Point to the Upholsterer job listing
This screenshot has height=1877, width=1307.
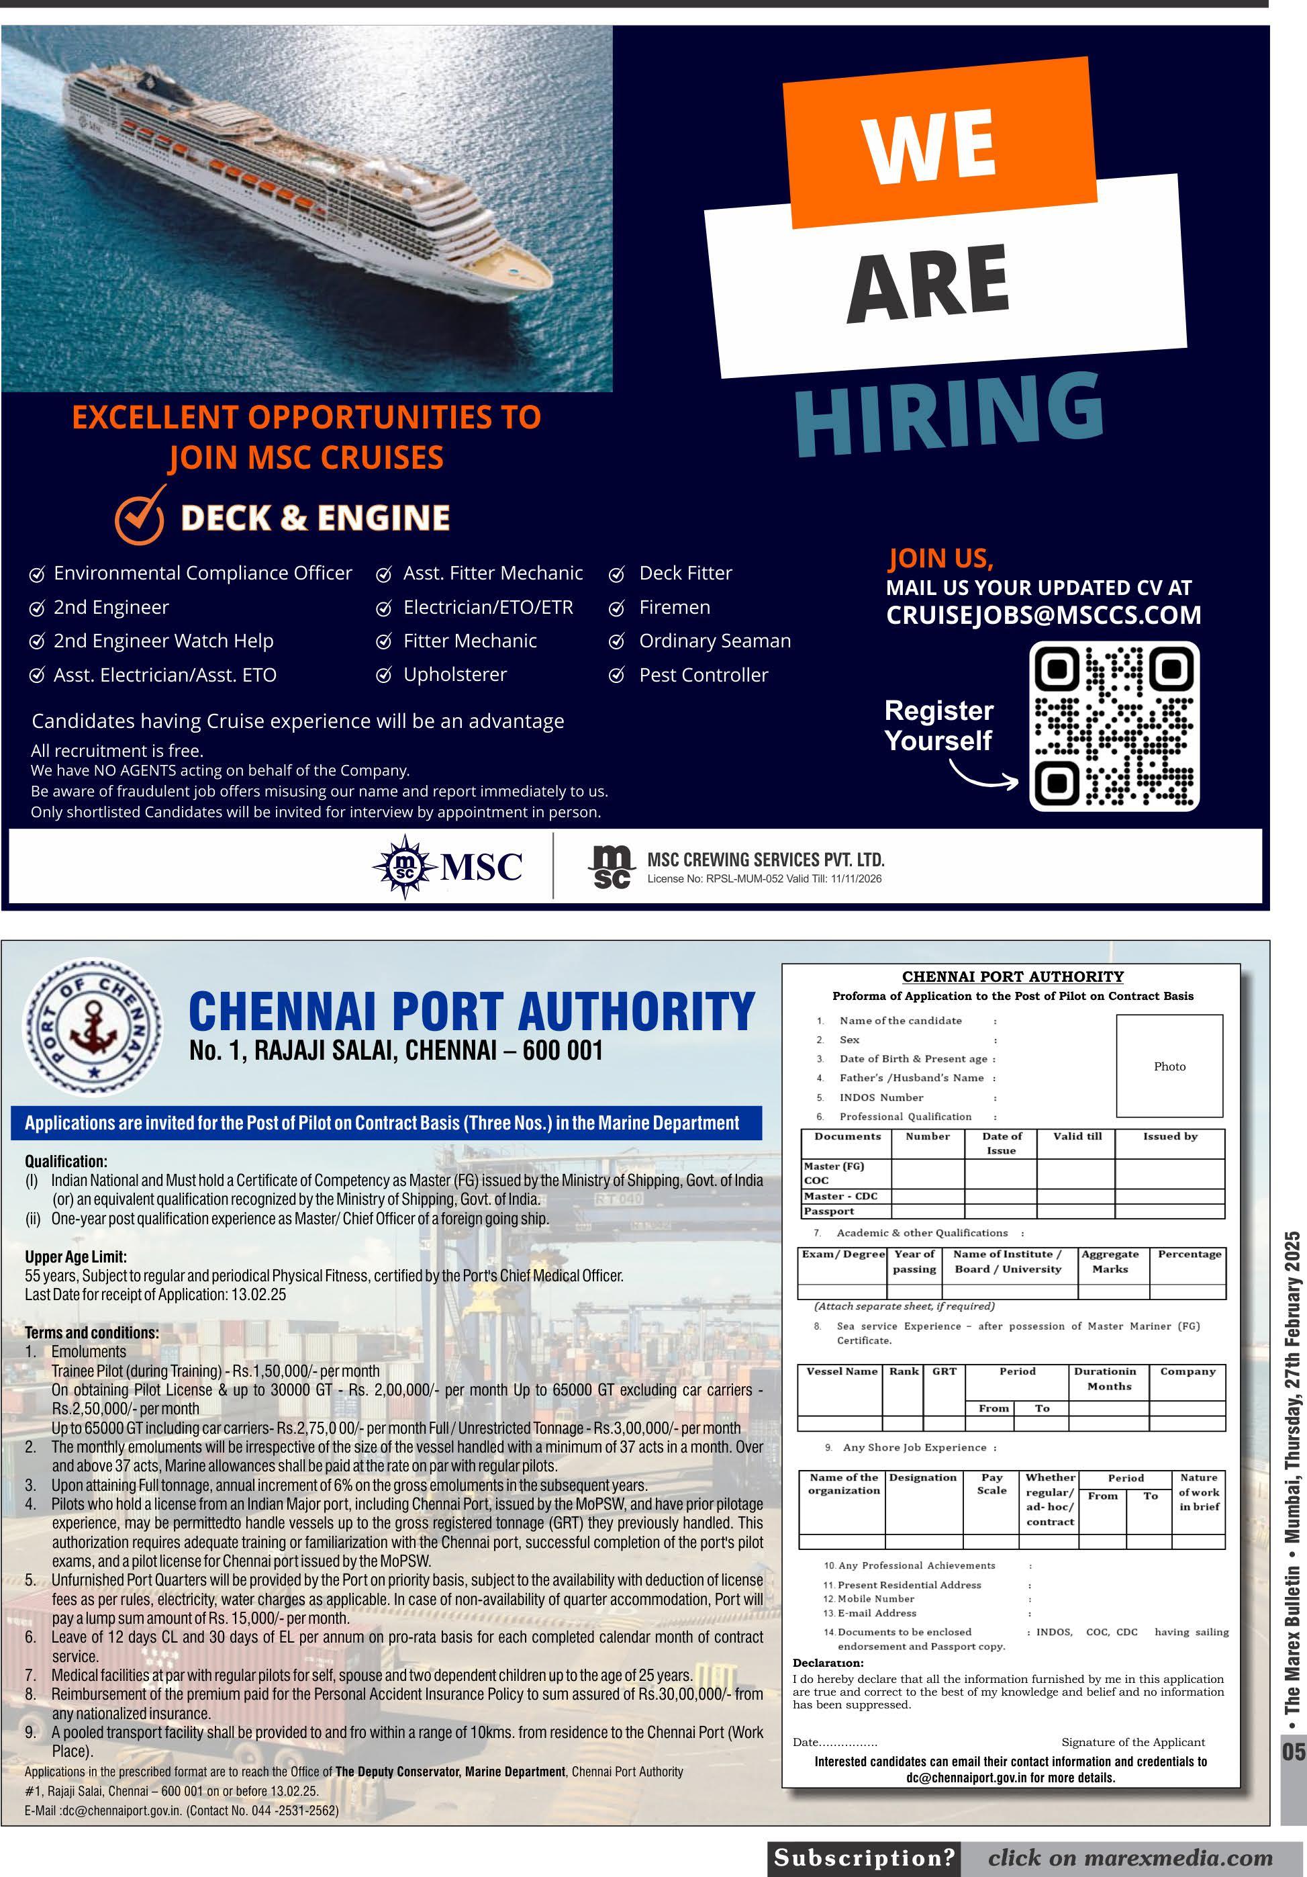[x=454, y=674]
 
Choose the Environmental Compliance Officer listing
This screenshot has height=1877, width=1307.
[x=202, y=573]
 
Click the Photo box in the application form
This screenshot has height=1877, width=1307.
[x=1169, y=1066]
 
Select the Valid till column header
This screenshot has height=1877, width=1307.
[x=1077, y=1136]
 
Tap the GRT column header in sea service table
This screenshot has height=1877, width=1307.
[x=944, y=1371]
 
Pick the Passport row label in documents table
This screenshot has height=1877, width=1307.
[x=829, y=1211]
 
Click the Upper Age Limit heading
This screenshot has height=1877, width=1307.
[x=76, y=1256]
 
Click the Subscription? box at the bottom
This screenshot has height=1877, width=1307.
[x=864, y=1858]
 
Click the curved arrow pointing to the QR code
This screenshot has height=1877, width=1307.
[x=983, y=776]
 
